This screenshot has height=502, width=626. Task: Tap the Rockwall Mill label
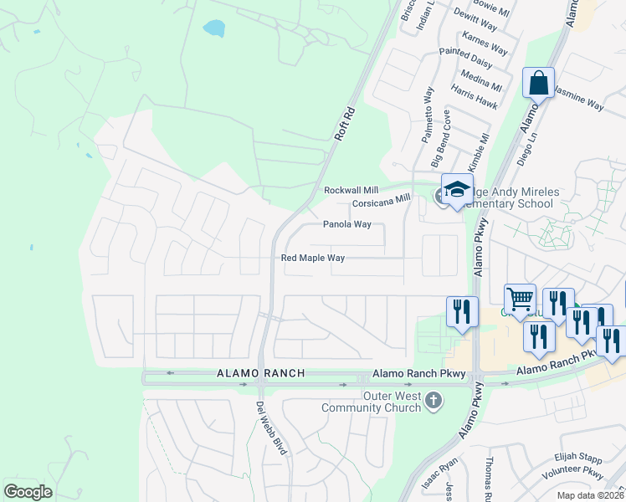[351, 191]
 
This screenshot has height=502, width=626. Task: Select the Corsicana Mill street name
[381, 201]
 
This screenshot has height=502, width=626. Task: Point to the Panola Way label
[346, 225]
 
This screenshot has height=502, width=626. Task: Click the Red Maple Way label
[313, 259]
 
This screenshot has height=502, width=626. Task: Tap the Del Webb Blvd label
[270, 428]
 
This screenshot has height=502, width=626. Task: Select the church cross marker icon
[433, 400]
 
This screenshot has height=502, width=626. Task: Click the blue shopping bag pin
[538, 84]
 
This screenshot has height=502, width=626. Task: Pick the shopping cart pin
[520, 299]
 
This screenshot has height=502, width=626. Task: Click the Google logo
[28, 491]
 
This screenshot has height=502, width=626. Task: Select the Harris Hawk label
[474, 97]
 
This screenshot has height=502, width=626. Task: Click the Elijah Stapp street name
[577, 458]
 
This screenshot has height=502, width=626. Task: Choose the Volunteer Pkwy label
[573, 473]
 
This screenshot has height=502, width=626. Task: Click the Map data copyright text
[589, 495]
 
